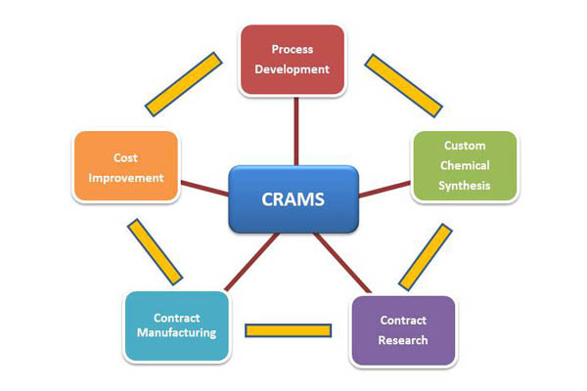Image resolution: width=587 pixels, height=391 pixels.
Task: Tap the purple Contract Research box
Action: click(x=403, y=330)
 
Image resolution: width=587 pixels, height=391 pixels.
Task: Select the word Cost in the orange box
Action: click(x=125, y=157)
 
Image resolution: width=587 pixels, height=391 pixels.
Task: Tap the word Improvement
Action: click(x=125, y=178)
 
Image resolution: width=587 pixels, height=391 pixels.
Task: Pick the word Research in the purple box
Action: click(x=403, y=340)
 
